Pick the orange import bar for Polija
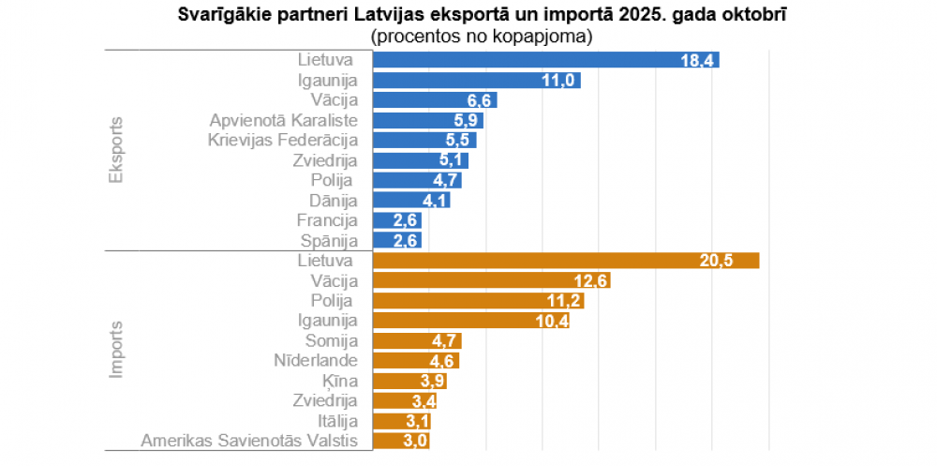478,301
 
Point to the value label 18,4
699,61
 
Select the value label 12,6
590,281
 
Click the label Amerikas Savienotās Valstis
249,440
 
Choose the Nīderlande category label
316,360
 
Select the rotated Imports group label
117,349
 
